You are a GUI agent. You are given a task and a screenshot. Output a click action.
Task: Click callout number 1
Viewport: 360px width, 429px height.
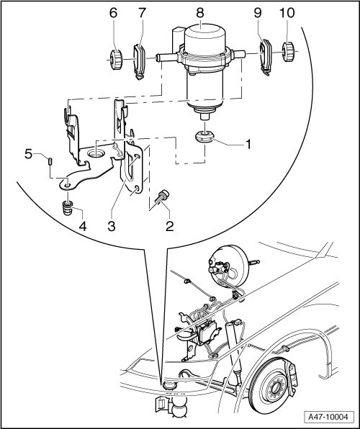[248, 144]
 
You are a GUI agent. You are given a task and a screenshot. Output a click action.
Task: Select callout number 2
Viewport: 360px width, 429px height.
[169, 226]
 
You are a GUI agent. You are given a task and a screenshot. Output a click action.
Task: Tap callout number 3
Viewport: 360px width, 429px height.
[112, 226]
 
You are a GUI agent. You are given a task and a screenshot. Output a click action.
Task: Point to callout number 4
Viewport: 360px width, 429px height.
[83, 226]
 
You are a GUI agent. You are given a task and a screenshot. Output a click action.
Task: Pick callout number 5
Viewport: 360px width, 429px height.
[28, 154]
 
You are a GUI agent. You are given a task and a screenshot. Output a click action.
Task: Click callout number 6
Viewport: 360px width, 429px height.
[113, 13]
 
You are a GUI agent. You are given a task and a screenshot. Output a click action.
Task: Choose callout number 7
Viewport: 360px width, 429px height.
[142, 13]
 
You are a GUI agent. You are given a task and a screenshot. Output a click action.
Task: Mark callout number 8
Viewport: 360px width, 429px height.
[200, 13]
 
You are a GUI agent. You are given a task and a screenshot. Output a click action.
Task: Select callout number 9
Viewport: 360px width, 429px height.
[258, 13]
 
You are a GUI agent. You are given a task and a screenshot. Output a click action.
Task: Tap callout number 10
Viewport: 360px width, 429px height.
[287, 13]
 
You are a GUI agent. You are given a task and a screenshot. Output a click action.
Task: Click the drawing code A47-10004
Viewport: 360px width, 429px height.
[328, 417]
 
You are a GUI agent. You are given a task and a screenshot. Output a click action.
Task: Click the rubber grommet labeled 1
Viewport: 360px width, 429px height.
[205, 137]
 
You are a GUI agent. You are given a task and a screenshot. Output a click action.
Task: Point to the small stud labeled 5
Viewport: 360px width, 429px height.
[50, 161]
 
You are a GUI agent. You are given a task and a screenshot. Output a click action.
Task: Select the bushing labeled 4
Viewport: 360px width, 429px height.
[68, 208]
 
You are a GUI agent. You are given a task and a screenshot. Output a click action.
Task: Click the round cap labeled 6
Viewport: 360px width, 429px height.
[115, 59]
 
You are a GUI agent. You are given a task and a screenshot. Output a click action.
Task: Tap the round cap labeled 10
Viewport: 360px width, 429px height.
[288, 51]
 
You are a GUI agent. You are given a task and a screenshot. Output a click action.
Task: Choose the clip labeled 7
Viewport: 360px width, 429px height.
[139, 62]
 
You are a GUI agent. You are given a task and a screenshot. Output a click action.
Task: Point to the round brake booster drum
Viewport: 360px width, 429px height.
[227, 263]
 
